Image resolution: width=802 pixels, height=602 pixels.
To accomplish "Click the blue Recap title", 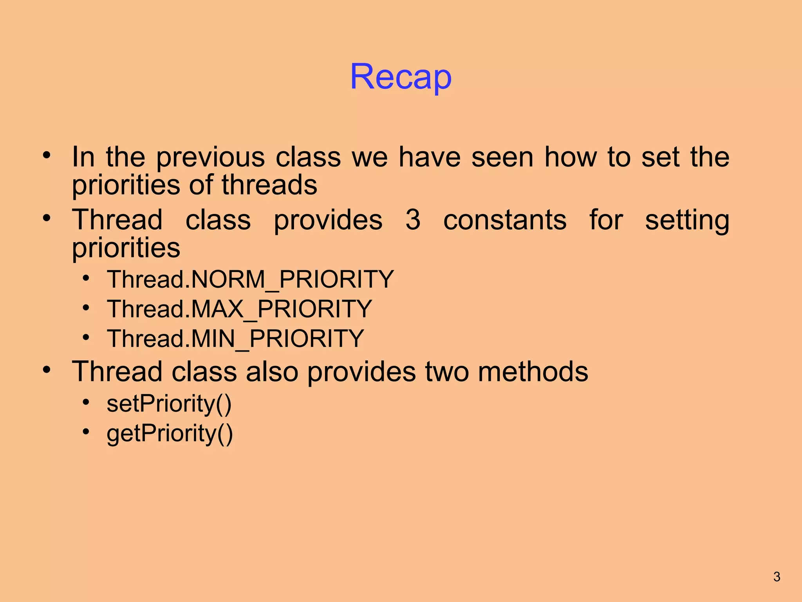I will coord(401,77).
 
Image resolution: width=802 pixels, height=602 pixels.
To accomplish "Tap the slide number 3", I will coord(777,577).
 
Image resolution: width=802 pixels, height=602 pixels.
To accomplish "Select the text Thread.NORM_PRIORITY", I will coord(250,279).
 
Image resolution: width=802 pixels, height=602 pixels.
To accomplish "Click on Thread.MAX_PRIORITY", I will coord(239,309).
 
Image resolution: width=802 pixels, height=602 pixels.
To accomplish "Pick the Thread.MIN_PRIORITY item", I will coord(235,339).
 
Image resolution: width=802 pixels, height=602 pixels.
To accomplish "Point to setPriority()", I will coord(169,404).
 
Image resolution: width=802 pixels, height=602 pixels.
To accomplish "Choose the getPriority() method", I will coord(170,433).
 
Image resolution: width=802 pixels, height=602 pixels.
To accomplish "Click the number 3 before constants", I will coord(413,220).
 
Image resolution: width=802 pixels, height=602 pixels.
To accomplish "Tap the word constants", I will coord(505,220).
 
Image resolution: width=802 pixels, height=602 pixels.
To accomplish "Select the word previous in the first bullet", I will coord(211,158).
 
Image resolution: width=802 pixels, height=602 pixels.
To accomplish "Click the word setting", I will coord(687,221).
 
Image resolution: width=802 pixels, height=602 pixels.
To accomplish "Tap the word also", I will coord(272,372).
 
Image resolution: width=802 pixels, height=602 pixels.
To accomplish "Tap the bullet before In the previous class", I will coord(47,155).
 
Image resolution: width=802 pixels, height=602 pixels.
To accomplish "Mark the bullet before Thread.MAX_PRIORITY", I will coord(86,307).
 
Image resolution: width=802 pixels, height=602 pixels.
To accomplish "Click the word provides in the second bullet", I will coord(328,221).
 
